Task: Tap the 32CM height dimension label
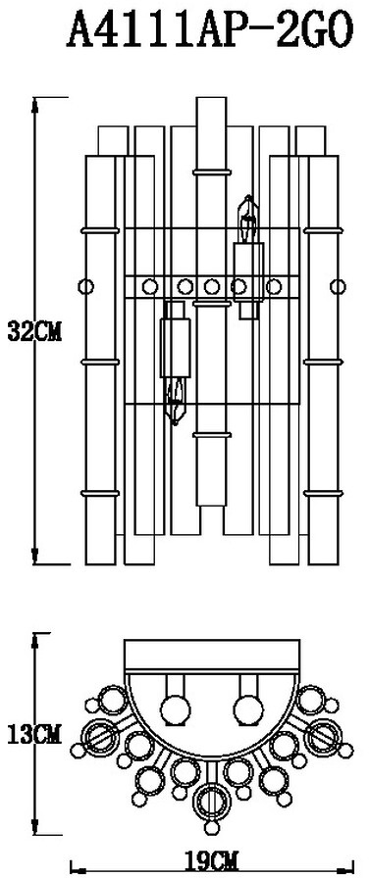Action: pyautogui.click(x=34, y=331)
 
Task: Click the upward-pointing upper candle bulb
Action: pyautogui.click(x=247, y=219)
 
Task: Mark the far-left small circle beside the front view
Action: pyautogui.click(x=85, y=287)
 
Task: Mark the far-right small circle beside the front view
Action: pyautogui.click(x=338, y=287)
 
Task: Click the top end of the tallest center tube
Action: pyautogui.click(x=212, y=98)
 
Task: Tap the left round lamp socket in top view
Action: pyautogui.click(x=175, y=707)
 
